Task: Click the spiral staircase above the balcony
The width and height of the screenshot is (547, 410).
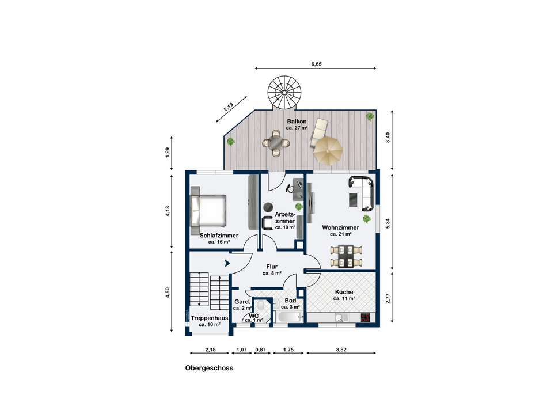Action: [284, 92]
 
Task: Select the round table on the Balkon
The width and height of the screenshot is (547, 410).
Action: [276, 143]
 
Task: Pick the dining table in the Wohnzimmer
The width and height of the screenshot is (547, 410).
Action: [347, 256]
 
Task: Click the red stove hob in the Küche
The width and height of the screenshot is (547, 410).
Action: [366, 318]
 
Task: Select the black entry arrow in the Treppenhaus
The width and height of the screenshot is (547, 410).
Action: [227, 263]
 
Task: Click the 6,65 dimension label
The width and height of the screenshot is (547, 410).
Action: [316, 64]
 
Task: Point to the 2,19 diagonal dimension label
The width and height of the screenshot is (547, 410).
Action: [229, 107]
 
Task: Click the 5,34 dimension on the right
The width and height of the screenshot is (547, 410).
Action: [388, 223]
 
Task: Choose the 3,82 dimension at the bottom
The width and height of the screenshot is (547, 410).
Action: [341, 350]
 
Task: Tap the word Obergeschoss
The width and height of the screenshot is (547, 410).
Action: [209, 368]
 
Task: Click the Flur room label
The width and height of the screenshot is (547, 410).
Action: [272, 267]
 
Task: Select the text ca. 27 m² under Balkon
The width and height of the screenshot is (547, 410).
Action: [297, 128]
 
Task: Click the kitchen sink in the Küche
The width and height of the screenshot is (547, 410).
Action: [340, 318]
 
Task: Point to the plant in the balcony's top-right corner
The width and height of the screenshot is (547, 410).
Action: [370, 116]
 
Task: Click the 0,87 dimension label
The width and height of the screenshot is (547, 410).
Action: [261, 350]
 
